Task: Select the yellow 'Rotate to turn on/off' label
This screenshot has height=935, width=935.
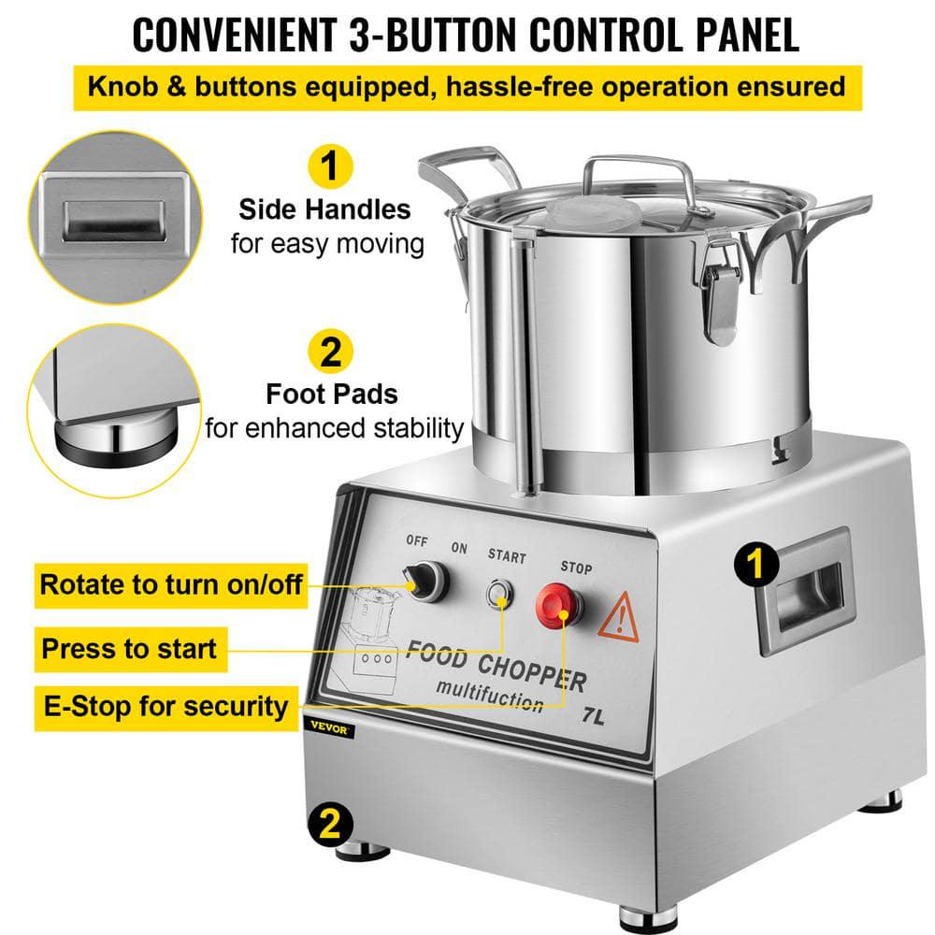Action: [171, 584]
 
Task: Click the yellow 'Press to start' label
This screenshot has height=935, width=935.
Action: [129, 647]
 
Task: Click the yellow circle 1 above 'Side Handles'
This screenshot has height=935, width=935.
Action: [326, 167]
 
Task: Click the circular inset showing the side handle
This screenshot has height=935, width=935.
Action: [109, 211]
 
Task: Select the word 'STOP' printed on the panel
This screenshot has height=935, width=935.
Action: [575, 566]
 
